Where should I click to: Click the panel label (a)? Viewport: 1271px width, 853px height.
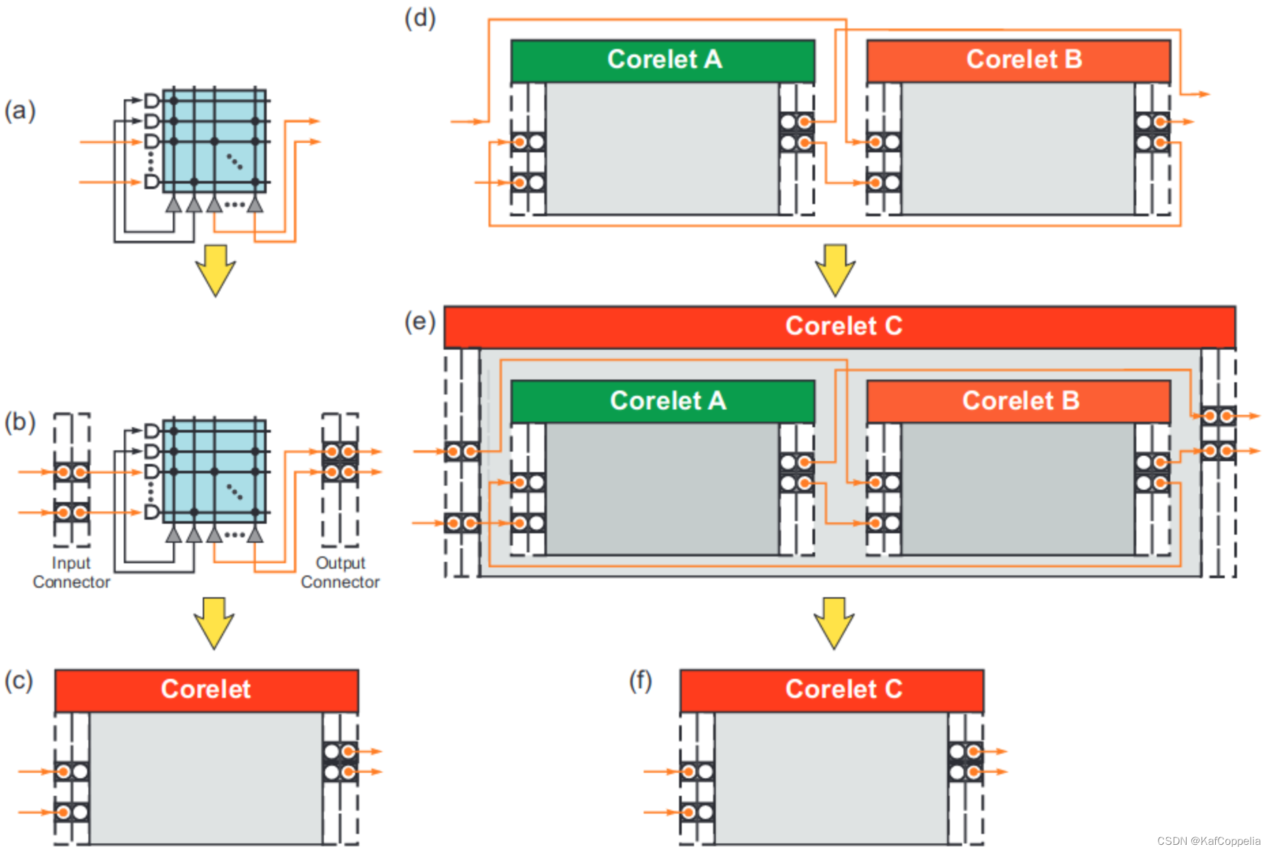pyautogui.click(x=20, y=110)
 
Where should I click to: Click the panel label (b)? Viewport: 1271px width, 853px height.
pyautogui.click(x=20, y=422)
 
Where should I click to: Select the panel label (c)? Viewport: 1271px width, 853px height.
pyautogui.click(x=18, y=680)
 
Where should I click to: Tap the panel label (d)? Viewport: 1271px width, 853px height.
pyautogui.click(x=420, y=18)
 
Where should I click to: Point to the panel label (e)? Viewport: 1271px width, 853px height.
pyautogui.click(x=420, y=320)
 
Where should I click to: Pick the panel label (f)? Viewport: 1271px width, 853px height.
pyautogui.click(x=640, y=680)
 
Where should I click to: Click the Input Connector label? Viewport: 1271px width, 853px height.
pyautogui.click(x=71, y=572)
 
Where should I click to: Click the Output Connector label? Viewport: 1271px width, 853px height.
pyautogui.click(x=340, y=572)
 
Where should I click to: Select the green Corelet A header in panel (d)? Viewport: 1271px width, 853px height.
pyautogui.click(x=663, y=60)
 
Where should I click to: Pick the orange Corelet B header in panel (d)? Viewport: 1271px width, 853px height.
pyautogui.click(x=1019, y=60)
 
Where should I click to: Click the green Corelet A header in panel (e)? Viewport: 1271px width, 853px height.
pyautogui.click(x=663, y=401)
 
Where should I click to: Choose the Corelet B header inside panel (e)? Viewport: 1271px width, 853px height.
pyautogui.click(x=1019, y=401)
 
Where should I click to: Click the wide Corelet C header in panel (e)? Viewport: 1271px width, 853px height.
pyautogui.click(x=840, y=327)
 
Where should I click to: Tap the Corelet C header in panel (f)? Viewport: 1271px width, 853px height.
pyautogui.click(x=831, y=690)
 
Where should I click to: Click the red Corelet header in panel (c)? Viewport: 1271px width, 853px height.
pyautogui.click(x=206, y=690)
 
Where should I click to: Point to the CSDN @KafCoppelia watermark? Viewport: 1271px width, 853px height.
pyautogui.click(x=1208, y=841)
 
